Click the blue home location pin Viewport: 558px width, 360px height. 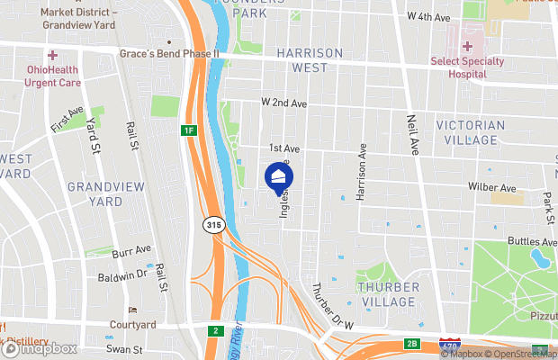[x=279, y=175]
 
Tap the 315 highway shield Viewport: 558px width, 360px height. [x=212, y=224]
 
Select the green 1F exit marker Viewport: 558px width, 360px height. [x=188, y=131]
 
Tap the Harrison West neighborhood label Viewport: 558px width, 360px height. [x=309, y=61]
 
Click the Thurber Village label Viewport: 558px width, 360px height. [x=389, y=294]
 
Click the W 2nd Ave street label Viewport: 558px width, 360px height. [x=284, y=104]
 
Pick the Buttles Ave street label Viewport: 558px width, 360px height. [x=532, y=242]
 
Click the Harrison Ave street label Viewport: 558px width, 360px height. [x=362, y=170]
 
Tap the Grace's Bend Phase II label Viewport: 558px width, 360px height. [x=169, y=54]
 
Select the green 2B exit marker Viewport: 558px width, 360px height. [x=411, y=343]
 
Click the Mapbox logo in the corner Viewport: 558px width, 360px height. [x=40, y=348]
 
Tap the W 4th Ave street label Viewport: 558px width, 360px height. [x=427, y=17]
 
